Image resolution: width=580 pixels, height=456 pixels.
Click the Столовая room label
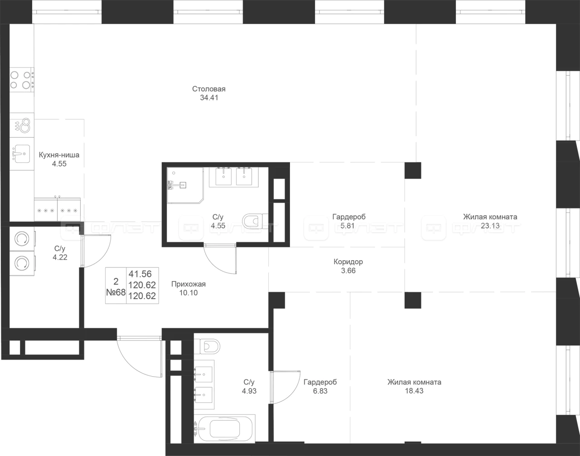[209, 89]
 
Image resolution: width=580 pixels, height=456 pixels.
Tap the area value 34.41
[209, 98]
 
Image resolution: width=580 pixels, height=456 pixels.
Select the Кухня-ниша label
[59, 155]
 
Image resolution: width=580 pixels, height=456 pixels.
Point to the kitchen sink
[22, 154]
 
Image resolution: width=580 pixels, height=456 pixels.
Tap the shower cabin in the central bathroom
[185, 185]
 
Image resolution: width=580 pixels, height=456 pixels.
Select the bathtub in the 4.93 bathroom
[225, 430]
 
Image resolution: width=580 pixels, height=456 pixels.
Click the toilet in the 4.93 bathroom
[207, 347]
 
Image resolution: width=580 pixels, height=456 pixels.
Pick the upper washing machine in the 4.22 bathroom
[22, 238]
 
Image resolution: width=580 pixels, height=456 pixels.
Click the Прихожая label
[188, 284]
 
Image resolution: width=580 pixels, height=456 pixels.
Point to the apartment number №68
[116, 292]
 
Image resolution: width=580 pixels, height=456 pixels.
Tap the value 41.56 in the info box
[140, 274]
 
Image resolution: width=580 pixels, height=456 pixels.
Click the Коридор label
[348, 262]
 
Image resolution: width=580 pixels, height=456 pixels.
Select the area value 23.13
[490, 226]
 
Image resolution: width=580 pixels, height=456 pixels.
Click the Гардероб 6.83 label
[320, 386]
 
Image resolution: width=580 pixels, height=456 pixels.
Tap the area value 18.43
[414, 391]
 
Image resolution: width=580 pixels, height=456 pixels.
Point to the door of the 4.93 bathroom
[285, 387]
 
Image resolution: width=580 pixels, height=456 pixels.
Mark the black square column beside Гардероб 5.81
[413, 170]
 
